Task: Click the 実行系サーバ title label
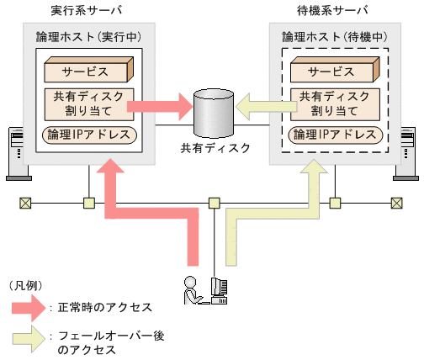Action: [x=75, y=10]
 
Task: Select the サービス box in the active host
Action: [x=85, y=69]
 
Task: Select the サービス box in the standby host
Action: [x=334, y=69]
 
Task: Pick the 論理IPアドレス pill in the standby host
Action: [x=334, y=135]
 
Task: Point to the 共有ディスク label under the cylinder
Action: [x=215, y=148]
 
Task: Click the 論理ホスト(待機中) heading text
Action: [x=334, y=39]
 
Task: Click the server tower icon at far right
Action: [x=411, y=153]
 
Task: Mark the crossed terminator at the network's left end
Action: [x=25, y=203]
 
